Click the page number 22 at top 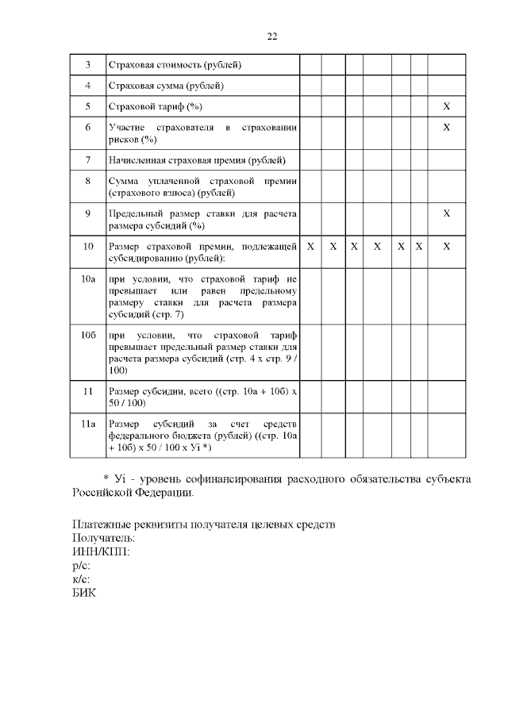pyautogui.click(x=271, y=36)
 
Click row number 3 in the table pyautogui.click(x=87, y=64)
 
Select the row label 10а pyautogui.click(x=87, y=279)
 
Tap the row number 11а pyautogui.click(x=87, y=424)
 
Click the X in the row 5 pyautogui.click(x=447, y=106)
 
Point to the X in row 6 pyautogui.click(x=447, y=127)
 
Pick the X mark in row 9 pyautogui.click(x=447, y=213)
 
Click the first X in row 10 pyautogui.click(x=310, y=247)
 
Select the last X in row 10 pyautogui.click(x=447, y=247)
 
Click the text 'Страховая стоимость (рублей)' pyautogui.click(x=174, y=64)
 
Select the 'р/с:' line pyautogui.click(x=81, y=566)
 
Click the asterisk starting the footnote pyautogui.click(x=106, y=478)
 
